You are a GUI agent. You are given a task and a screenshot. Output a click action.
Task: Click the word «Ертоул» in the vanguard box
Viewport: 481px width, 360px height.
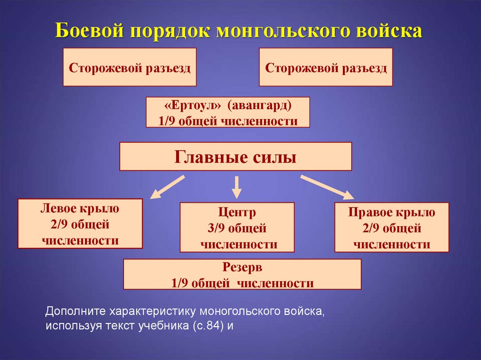[187, 106]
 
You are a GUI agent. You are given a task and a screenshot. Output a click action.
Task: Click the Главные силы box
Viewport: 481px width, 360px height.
[235, 156]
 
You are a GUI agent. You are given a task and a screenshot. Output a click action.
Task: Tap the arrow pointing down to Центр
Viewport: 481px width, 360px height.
[237, 187]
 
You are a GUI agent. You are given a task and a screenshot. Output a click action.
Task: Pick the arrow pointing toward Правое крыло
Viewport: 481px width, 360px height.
[327, 186]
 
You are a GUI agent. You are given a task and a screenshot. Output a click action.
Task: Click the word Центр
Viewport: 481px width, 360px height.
[237, 213]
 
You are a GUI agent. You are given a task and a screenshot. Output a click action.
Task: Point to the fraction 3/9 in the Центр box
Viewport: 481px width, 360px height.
[217, 229]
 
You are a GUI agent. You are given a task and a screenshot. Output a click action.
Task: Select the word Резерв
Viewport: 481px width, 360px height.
[242, 268]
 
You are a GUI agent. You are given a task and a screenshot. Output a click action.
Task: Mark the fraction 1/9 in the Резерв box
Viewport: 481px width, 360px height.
[180, 283]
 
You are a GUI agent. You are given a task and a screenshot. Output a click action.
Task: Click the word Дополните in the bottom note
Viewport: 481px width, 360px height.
[75, 311]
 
